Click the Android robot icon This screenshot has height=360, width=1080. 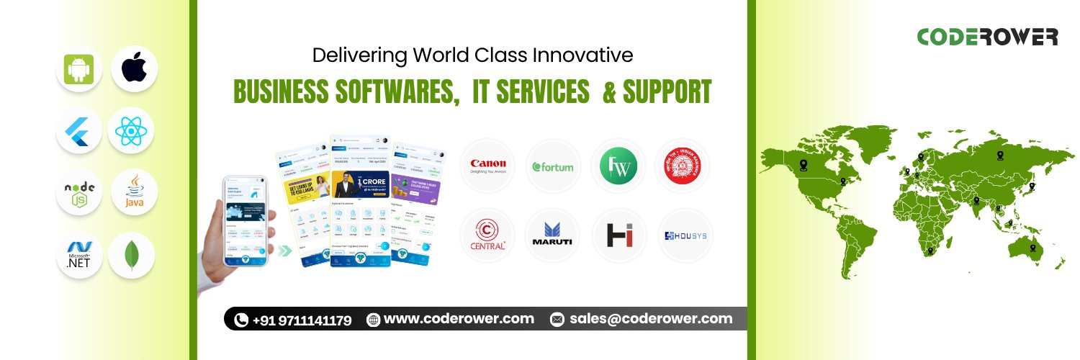click(x=78, y=69)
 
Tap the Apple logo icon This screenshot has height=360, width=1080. click(x=133, y=68)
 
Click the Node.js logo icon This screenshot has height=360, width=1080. click(x=79, y=194)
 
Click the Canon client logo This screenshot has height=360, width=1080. click(x=487, y=166)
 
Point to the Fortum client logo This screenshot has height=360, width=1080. click(x=553, y=167)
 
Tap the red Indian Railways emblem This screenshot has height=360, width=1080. click(x=683, y=166)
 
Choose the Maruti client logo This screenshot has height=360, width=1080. click(x=552, y=235)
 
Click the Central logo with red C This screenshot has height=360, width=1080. click(x=487, y=235)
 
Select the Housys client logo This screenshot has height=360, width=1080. click(x=684, y=235)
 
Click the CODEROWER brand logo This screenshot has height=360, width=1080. click(x=987, y=37)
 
